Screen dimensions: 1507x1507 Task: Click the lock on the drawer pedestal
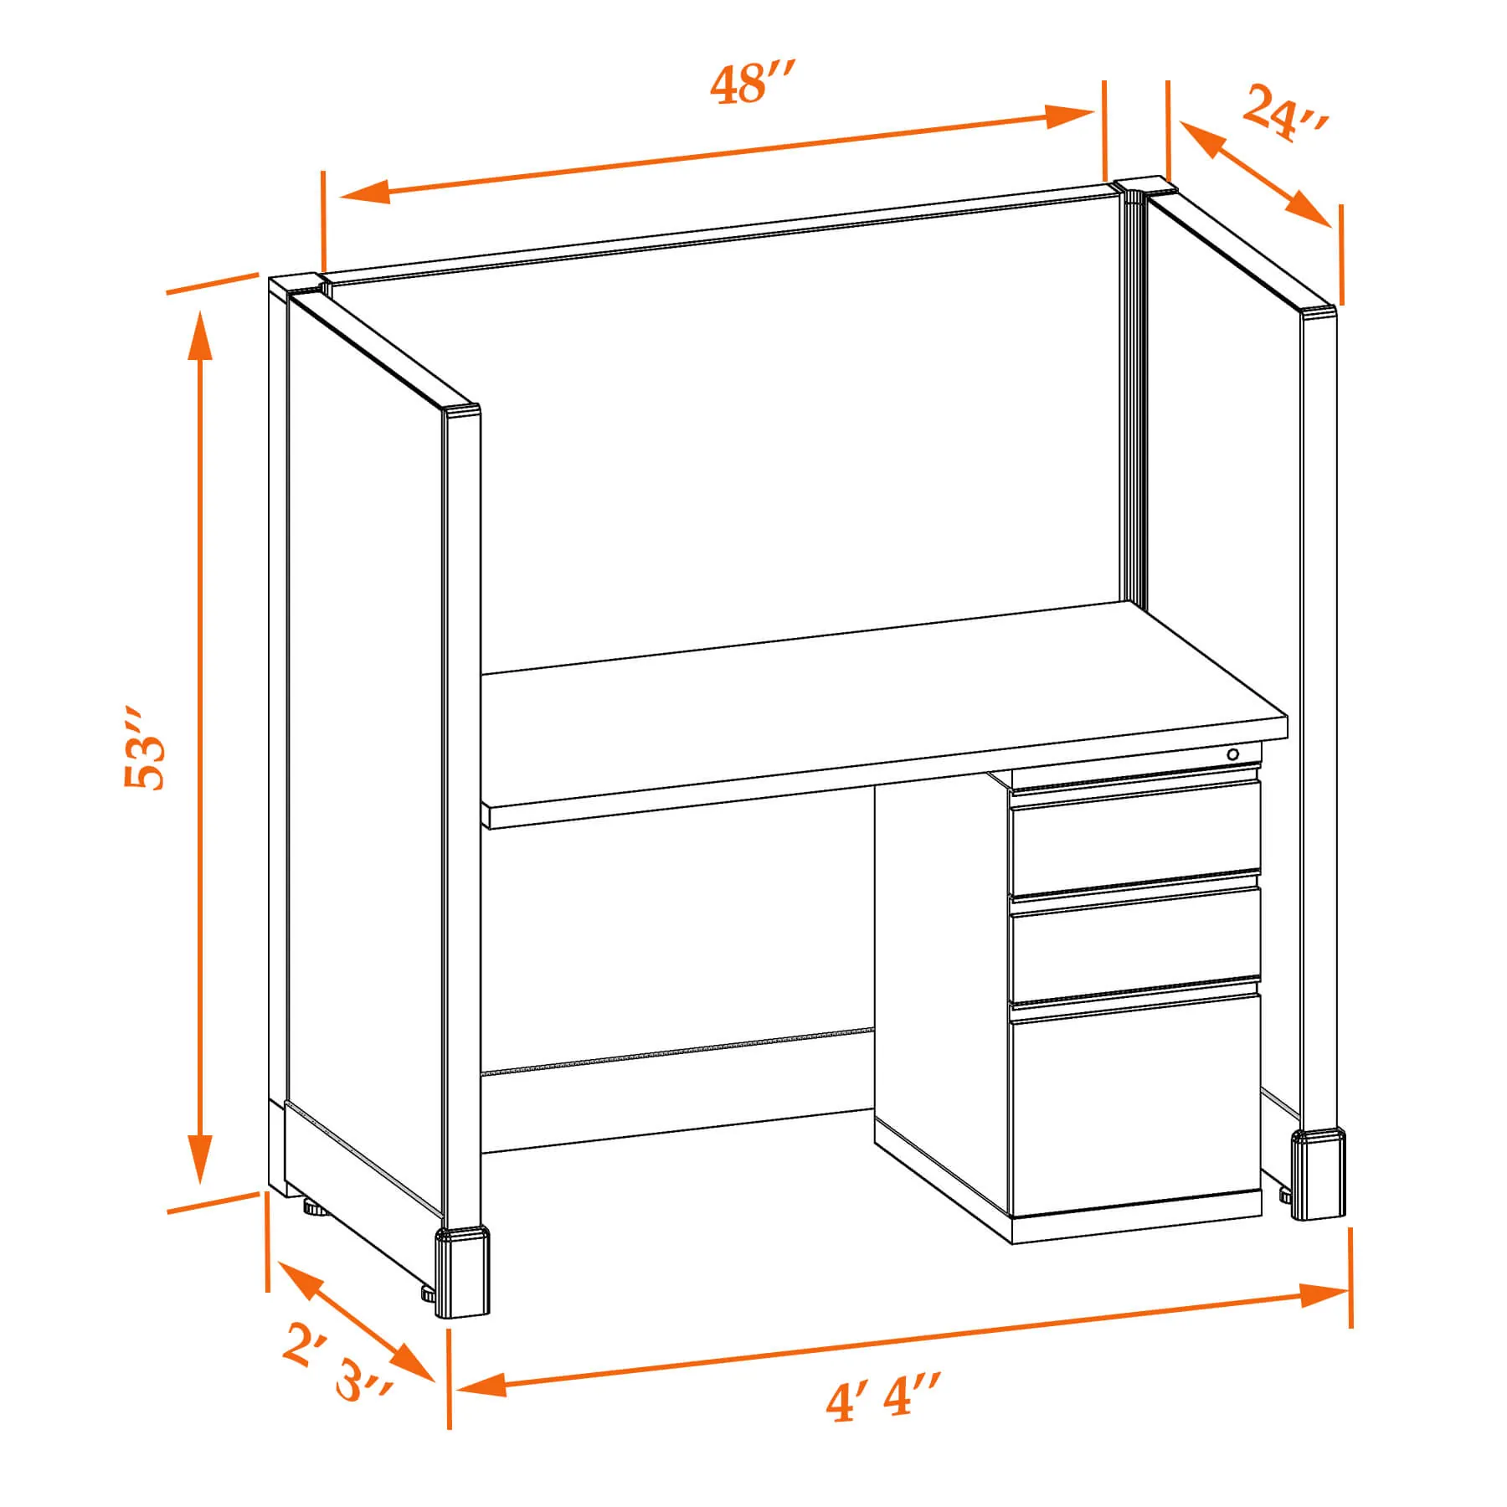(1232, 754)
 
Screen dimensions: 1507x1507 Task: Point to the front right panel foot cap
(1319, 1174)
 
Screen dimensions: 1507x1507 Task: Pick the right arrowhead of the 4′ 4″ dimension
(1324, 1294)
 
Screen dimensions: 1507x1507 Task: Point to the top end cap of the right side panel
(1318, 313)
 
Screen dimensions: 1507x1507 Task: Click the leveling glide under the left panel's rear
(312, 1209)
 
